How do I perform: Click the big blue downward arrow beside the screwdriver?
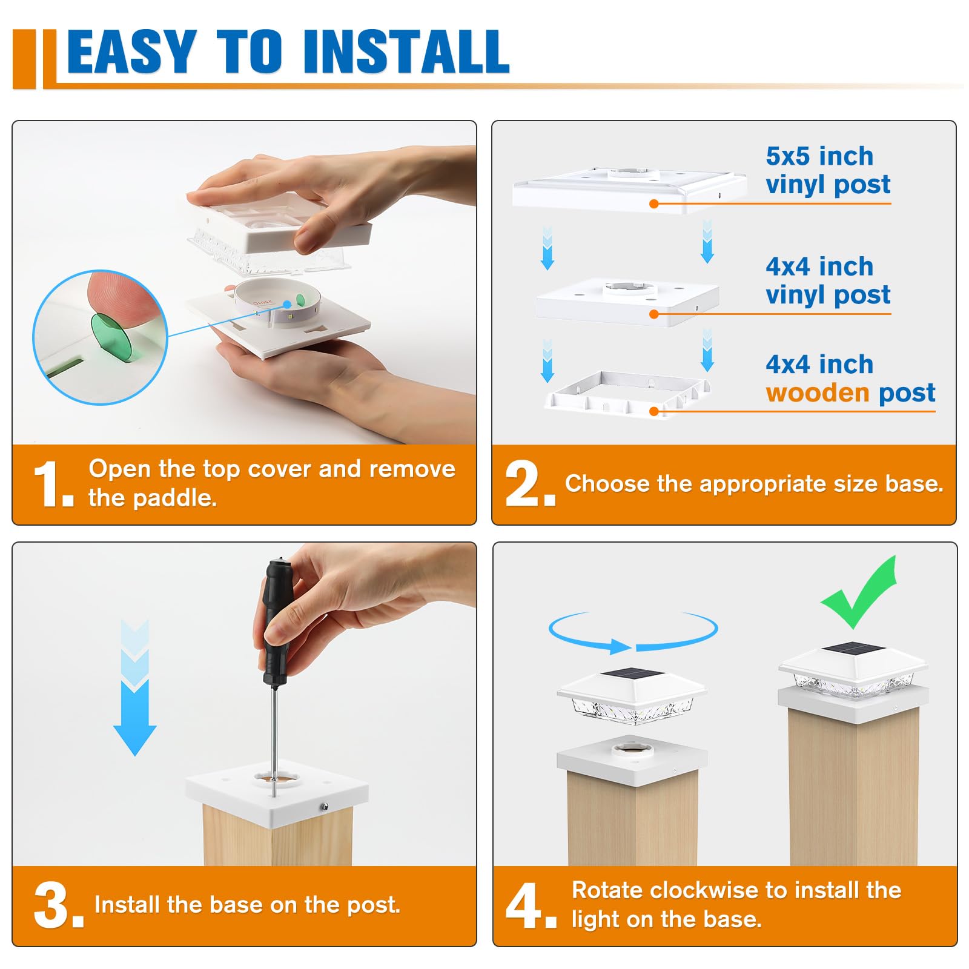[134, 687]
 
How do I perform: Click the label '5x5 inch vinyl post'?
[828, 170]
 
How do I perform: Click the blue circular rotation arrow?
[633, 632]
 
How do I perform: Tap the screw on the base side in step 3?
[325, 806]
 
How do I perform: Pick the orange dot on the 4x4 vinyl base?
[653, 314]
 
